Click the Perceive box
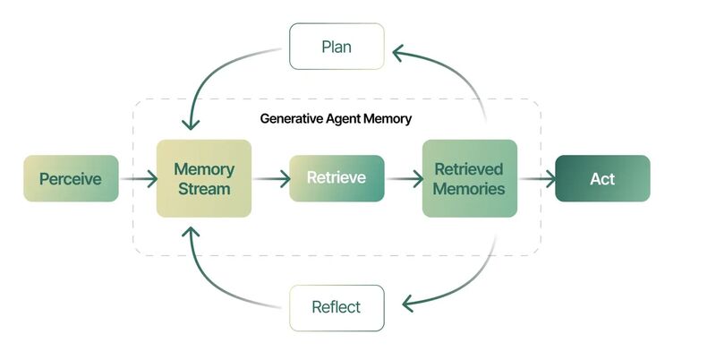tap(71, 178)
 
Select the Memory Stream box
tap(203, 178)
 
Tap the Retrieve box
tap(337, 178)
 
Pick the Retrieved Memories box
tap(469, 178)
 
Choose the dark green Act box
tap(602, 178)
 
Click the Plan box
tap(337, 47)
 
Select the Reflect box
tap(337, 307)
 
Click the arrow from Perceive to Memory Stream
tap(137, 178)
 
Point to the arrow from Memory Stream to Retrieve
tap(271, 178)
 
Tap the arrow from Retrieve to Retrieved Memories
tap(403, 178)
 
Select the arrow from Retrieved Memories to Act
tap(536, 178)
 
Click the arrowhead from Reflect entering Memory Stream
tap(190, 234)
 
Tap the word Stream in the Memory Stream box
tap(203, 189)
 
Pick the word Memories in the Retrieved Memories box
tap(469, 189)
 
